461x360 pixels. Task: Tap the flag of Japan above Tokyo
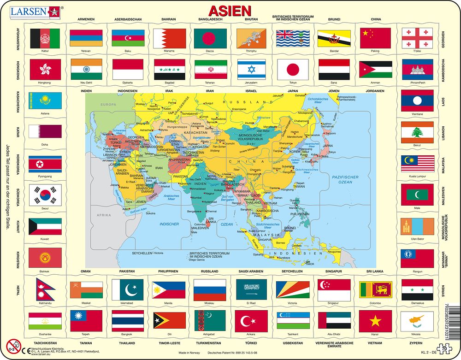click(x=294, y=70)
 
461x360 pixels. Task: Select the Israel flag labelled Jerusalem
click(x=252, y=70)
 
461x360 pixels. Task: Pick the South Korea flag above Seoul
click(x=45, y=195)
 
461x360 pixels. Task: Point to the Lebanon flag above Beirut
click(x=417, y=132)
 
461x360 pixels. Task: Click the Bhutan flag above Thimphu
click(x=252, y=39)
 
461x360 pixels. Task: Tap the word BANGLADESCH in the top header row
click(x=210, y=19)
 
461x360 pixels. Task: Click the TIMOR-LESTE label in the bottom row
click(x=169, y=343)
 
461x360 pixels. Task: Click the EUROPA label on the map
click(x=109, y=105)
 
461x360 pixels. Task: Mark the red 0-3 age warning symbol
click(x=14, y=346)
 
